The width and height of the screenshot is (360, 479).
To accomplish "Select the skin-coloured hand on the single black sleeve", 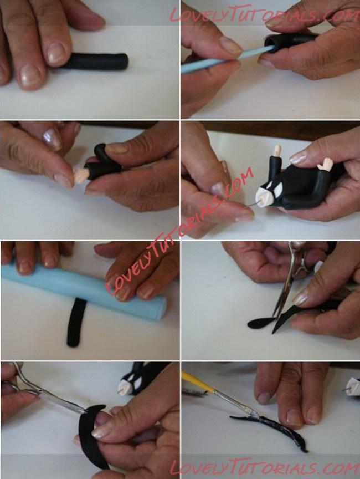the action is click(81, 176).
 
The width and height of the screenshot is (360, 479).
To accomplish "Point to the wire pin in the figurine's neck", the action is click(254, 205).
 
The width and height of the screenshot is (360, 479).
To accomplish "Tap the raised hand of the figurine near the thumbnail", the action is click(326, 164).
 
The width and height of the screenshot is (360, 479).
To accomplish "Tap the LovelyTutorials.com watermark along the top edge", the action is click(264, 14).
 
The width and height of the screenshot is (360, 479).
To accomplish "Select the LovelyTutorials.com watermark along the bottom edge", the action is click(264, 467).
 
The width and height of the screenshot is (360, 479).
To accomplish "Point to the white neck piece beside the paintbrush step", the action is click(354, 386).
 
